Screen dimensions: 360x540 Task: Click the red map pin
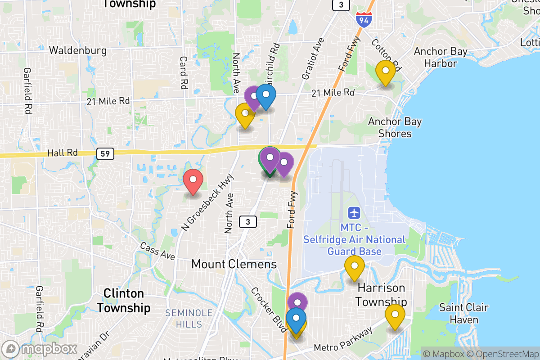click(193, 181)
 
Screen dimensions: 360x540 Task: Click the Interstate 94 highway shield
click(363, 19)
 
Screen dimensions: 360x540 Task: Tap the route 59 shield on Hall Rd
click(105, 153)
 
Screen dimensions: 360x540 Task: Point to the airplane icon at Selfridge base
click(354, 211)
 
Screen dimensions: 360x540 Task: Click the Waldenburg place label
click(78, 50)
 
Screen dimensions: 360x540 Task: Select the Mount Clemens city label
click(234, 264)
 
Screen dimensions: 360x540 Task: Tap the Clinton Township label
click(124, 301)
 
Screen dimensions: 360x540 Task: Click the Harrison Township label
click(382, 294)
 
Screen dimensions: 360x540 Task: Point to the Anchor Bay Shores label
click(395, 127)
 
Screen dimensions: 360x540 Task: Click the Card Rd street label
click(184, 72)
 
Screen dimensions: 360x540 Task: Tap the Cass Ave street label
click(157, 251)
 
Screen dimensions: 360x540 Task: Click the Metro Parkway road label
click(343, 340)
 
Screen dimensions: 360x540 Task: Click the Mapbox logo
click(40, 349)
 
